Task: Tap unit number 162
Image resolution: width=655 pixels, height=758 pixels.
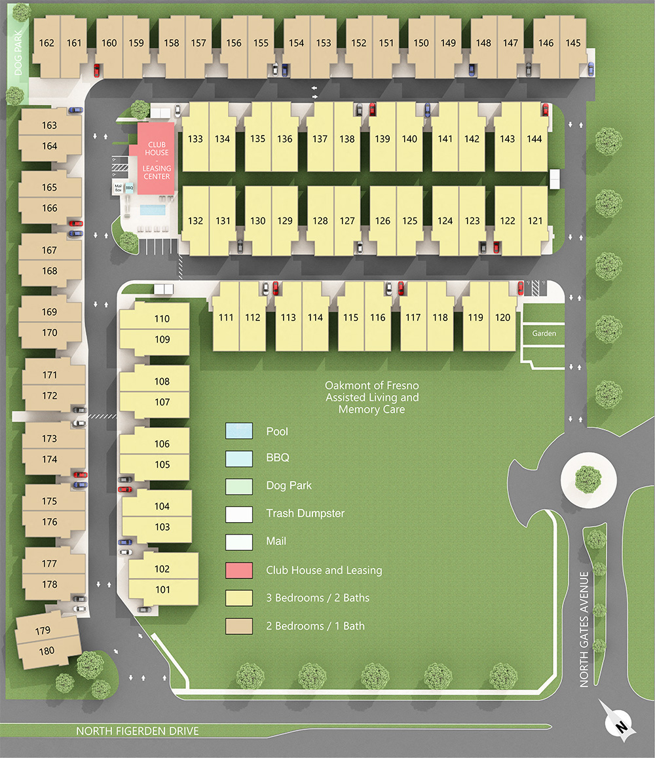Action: (x=47, y=43)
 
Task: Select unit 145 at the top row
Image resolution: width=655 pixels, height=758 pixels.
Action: (x=573, y=43)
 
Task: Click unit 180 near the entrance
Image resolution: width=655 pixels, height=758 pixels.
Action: (x=47, y=651)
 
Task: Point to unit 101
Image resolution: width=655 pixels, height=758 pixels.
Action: (x=162, y=590)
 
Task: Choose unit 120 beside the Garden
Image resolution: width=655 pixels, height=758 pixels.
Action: (x=502, y=318)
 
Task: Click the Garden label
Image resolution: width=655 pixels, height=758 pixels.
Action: (x=544, y=333)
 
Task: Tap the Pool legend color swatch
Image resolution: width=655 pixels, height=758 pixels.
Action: (x=238, y=431)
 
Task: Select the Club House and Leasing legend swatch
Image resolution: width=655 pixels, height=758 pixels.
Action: (x=238, y=570)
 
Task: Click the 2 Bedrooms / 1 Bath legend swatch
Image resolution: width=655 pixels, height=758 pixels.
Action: (x=238, y=626)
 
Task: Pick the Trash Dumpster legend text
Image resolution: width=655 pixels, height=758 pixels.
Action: (x=305, y=514)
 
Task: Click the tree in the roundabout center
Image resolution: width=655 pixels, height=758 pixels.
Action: (x=589, y=478)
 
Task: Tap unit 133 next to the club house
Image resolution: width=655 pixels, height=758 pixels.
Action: (x=195, y=139)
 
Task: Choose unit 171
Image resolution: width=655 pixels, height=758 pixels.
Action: (x=50, y=375)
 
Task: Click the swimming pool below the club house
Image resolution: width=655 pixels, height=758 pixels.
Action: (x=152, y=210)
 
